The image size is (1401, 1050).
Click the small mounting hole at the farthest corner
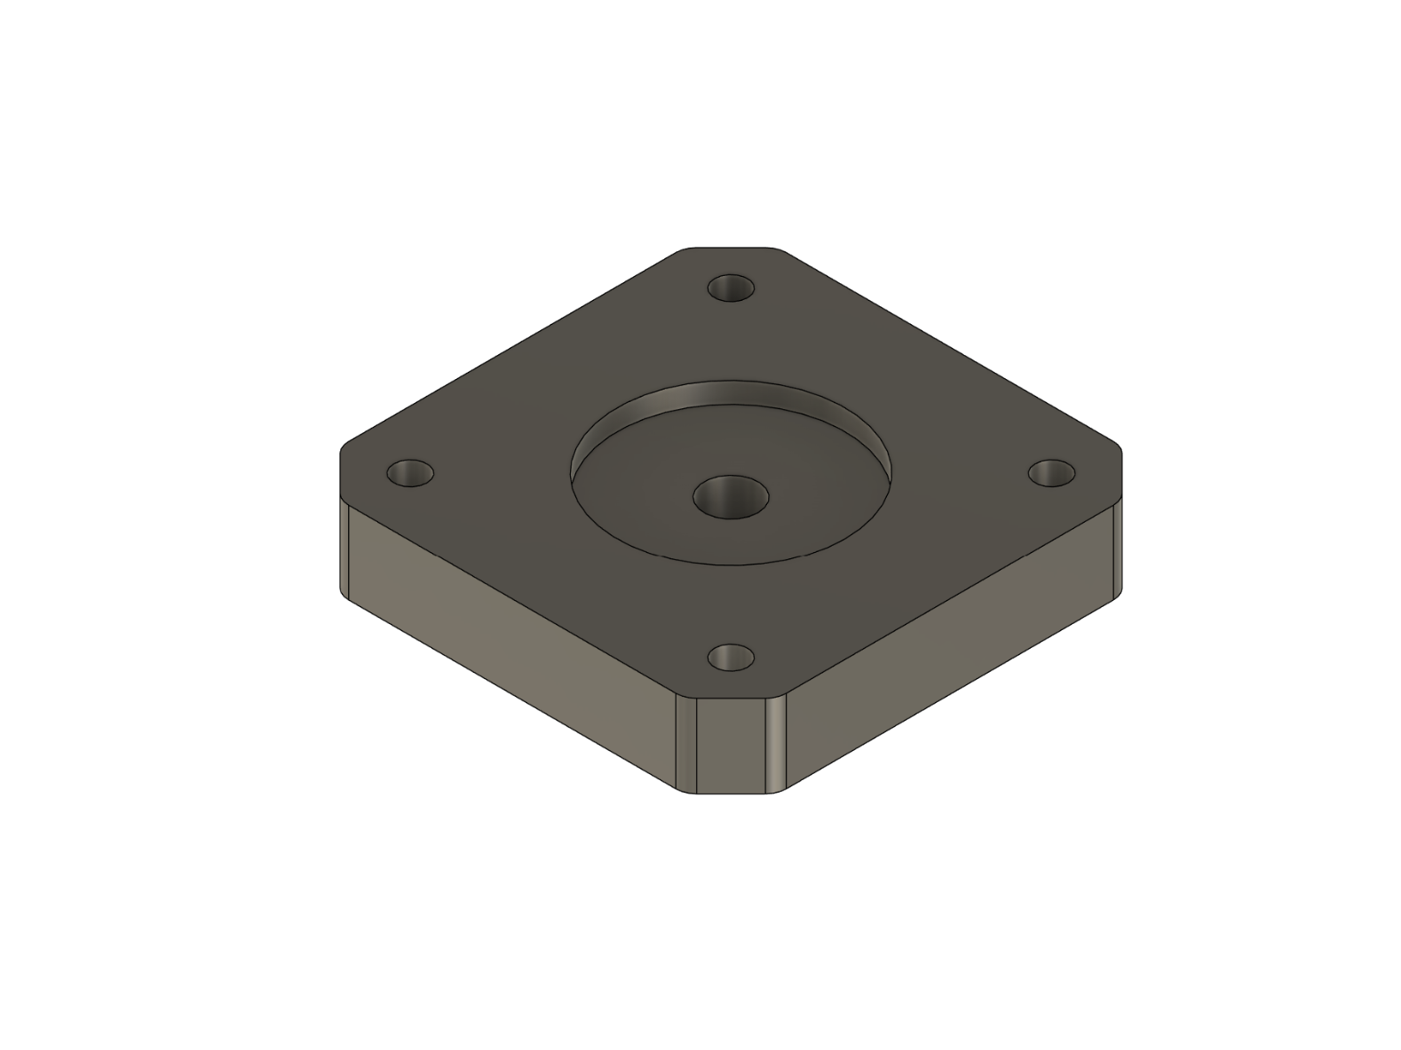(x=731, y=288)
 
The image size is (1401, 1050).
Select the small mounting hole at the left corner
(x=410, y=473)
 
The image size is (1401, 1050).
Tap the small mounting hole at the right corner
(x=1051, y=472)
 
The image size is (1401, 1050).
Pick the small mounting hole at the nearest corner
(x=731, y=658)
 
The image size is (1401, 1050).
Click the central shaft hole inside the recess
(x=730, y=497)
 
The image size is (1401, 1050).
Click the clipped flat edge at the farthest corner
(x=731, y=248)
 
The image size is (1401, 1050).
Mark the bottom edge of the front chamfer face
(x=731, y=793)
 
